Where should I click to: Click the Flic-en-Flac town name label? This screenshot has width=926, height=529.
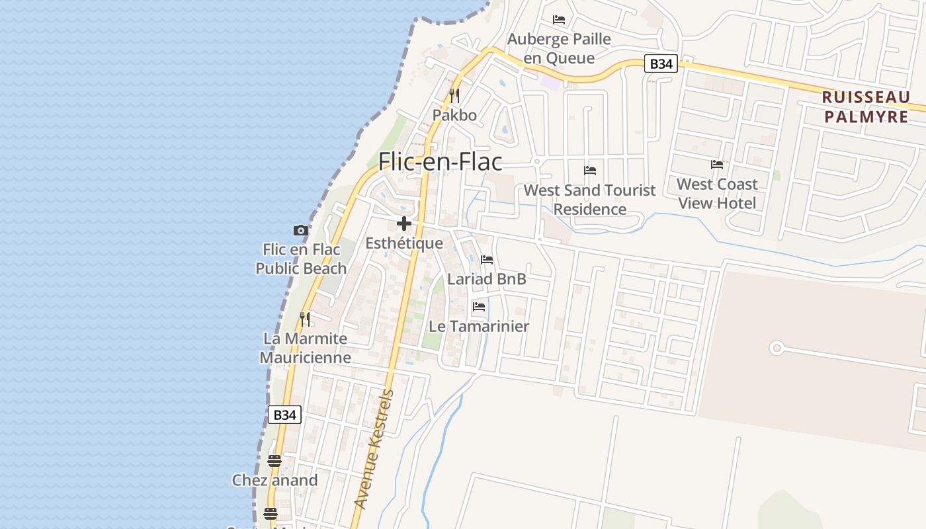coord(440,162)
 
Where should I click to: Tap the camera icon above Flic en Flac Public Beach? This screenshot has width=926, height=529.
coord(301,230)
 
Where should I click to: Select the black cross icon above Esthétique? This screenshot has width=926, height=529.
coord(404,224)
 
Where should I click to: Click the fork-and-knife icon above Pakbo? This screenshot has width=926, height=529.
coord(454,95)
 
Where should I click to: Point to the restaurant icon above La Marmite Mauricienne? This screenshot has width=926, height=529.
coord(305,319)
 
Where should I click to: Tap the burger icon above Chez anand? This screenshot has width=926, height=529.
coord(274,460)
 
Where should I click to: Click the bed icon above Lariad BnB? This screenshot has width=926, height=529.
coord(487,260)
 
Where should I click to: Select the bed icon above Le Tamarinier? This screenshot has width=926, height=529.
coord(479,307)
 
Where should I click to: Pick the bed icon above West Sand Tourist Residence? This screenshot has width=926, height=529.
coord(590,171)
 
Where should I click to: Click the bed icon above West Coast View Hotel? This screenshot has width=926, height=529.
coord(717,165)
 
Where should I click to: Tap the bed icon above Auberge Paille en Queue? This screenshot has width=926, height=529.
coord(559,20)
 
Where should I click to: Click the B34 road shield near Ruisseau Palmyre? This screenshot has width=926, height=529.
coord(661,63)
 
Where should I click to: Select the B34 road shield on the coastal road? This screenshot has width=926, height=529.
coord(285,415)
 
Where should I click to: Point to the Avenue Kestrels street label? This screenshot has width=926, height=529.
coord(374,450)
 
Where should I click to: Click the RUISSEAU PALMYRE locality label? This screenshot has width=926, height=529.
coord(866,107)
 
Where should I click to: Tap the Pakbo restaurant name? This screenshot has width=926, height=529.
coord(454,115)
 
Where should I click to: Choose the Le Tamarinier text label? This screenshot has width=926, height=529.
coord(479,326)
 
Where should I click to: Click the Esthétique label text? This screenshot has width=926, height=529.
coord(404,243)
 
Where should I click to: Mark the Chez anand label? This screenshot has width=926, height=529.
coord(274,480)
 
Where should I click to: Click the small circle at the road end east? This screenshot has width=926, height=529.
coord(777,348)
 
